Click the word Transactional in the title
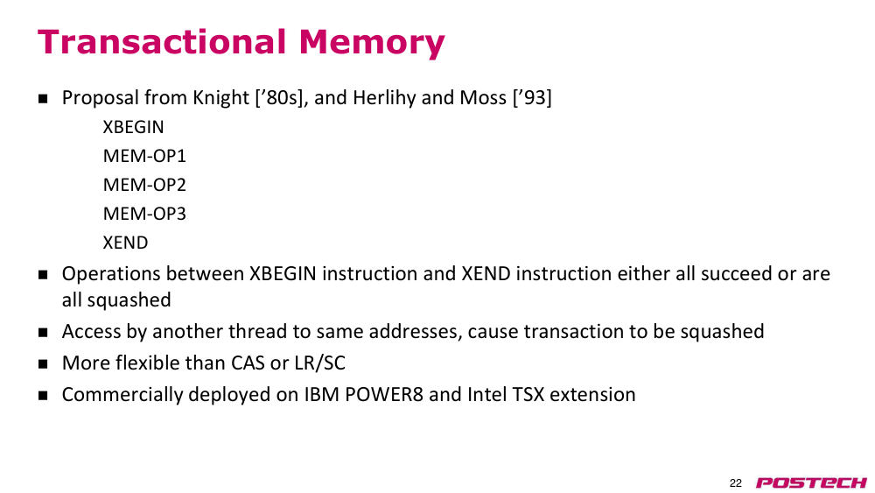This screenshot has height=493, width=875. (162, 41)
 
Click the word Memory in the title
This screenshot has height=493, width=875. (372, 44)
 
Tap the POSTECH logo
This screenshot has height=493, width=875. (811, 482)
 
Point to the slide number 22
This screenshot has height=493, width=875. (736, 483)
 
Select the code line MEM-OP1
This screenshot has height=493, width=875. (144, 156)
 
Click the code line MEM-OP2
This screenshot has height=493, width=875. (144, 185)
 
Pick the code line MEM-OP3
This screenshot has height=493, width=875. (144, 214)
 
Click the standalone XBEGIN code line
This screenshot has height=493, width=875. (133, 127)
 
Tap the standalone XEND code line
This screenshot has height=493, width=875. (125, 243)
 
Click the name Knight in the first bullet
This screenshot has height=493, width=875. (220, 98)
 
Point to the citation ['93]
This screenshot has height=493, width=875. (532, 98)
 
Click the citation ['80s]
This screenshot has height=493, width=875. (282, 98)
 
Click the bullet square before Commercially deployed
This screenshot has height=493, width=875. (43, 395)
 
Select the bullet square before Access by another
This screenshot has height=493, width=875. (43, 332)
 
